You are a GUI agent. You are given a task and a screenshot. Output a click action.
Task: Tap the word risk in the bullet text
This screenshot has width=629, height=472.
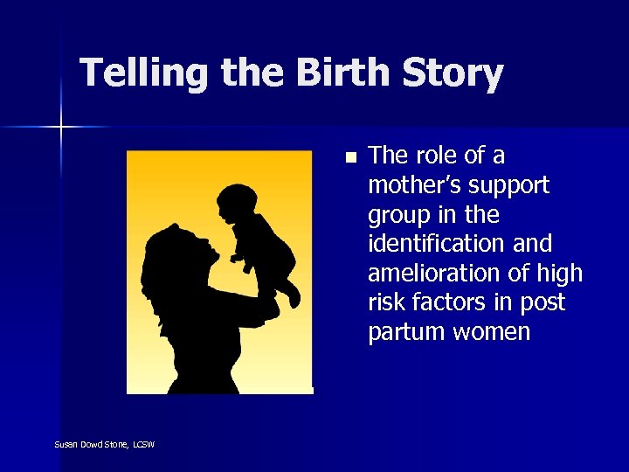coord(387,303)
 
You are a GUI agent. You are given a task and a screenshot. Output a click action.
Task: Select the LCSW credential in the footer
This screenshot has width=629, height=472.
coord(145,445)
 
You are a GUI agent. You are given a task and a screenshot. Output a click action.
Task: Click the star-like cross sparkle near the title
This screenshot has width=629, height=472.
coord(61,128)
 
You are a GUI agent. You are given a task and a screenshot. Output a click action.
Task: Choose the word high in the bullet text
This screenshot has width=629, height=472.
coord(560,274)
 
